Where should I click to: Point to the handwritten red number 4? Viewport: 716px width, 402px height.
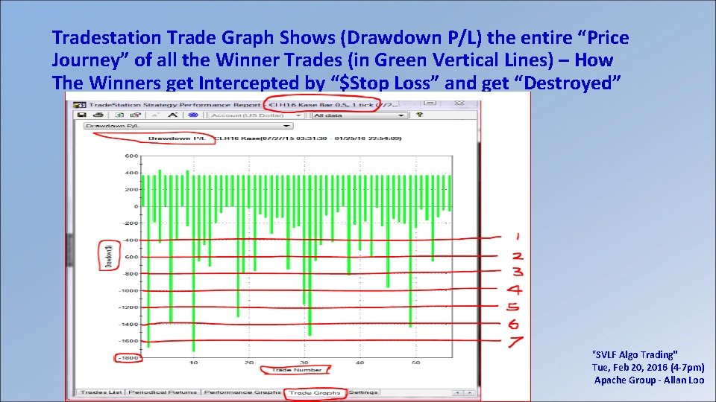click(515, 290)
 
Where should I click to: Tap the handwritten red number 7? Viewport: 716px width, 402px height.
click(515, 342)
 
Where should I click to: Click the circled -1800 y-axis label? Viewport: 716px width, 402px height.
click(128, 358)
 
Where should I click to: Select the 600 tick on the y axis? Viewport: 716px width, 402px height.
click(131, 156)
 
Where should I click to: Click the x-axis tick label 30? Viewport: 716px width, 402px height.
click(304, 363)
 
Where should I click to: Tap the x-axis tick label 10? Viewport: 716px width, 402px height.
click(193, 363)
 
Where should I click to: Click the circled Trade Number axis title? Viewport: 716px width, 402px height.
click(297, 370)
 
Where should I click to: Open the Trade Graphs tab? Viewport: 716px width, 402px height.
click(315, 392)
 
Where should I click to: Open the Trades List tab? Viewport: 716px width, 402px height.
click(101, 392)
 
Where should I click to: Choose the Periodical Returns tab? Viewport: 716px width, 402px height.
click(163, 392)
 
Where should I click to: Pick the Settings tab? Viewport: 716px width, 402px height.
click(363, 392)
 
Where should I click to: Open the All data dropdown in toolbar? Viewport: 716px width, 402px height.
click(359, 115)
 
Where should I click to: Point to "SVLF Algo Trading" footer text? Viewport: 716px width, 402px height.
click(634, 355)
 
